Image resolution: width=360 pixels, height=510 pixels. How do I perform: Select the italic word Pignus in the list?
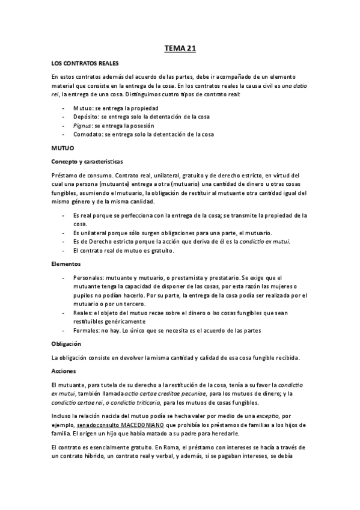click(81, 126)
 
